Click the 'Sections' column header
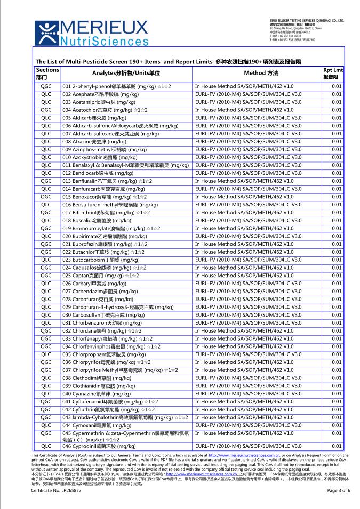(47, 74)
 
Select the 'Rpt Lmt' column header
(333, 74)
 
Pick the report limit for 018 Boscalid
(336, 220)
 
